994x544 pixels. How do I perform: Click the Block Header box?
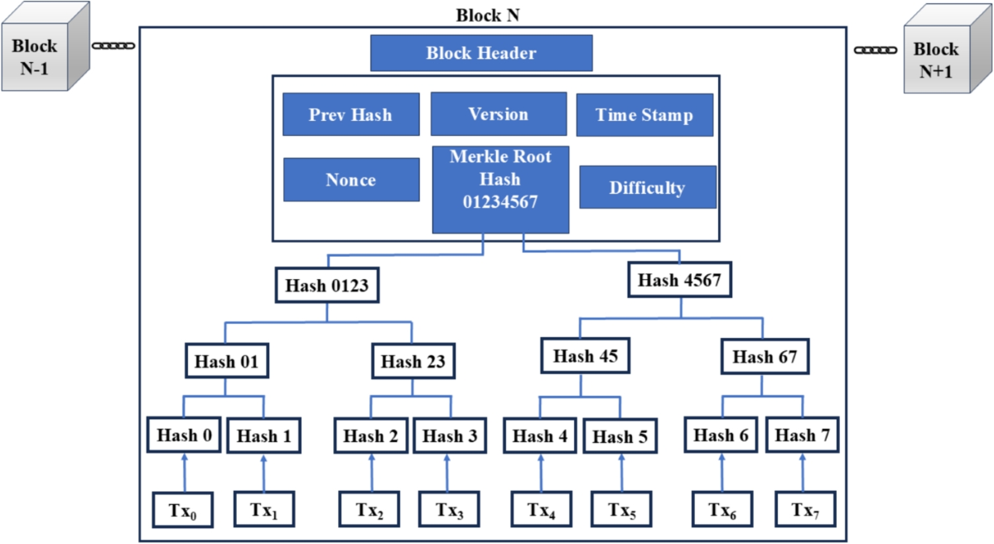tap(481, 54)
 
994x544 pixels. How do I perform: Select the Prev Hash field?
tap(350, 114)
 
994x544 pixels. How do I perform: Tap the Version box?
tap(498, 114)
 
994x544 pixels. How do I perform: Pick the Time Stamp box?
tap(644, 115)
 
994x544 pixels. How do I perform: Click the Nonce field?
tap(350, 180)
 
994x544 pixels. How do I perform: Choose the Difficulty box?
tap(647, 187)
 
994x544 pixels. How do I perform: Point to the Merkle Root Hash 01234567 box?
tap(499, 190)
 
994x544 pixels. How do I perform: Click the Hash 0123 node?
tap(326, 286)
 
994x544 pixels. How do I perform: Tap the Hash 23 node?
tap(413, 362)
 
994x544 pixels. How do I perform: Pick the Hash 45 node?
tap(585, 357)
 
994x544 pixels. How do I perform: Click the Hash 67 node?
tap(764, 357)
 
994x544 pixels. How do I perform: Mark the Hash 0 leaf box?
tap(185, 436)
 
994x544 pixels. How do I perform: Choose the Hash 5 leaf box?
tap(622, 436)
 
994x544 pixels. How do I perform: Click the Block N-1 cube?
tap(41, 56)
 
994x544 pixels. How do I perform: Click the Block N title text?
tap(487, 16)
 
